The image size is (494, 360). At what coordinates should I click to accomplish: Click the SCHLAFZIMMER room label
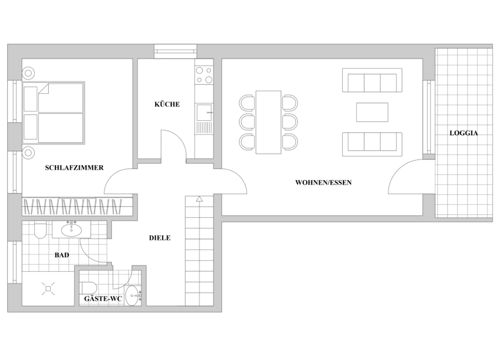coord(75,168)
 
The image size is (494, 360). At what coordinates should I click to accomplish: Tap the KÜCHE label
coord(167,104)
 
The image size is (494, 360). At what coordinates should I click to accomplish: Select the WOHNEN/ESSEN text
coord(323,183)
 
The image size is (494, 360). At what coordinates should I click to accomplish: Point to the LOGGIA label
coord(463,133)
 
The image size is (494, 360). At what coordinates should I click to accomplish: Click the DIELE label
coord(160,238)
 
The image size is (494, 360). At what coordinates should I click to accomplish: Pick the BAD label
coord(62,255)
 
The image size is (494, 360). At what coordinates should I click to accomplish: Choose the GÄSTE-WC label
coord(103,299)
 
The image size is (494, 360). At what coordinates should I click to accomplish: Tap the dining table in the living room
coord(268,122)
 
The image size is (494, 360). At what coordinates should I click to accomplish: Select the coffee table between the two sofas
coord(372,112)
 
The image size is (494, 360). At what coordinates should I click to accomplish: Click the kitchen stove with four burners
coord(204,75)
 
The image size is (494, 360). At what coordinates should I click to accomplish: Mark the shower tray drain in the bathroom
coord(47,289)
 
